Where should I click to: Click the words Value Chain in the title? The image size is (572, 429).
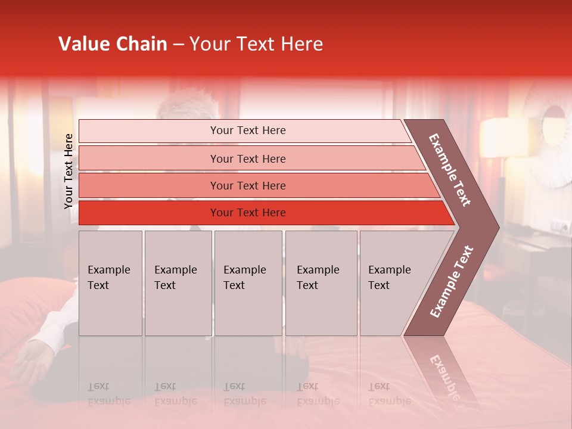[113, 44]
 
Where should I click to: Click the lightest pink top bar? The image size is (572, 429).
[247, 130]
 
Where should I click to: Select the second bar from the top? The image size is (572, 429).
[247, 158]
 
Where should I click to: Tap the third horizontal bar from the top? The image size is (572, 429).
[247, 185]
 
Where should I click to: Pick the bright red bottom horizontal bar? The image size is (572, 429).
[247, 213]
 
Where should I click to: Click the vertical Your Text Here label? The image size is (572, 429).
[69, 171]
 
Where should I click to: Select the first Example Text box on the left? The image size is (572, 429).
[110, 283]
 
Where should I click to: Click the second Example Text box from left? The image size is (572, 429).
[178, 283]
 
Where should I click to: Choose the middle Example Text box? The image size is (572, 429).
[248, 283]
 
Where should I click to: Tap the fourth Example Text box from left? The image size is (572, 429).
[321, 283]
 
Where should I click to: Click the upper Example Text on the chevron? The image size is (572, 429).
[450, 170]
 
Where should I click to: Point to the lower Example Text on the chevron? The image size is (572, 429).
[452, 281]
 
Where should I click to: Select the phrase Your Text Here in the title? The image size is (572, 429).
[256, 44]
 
